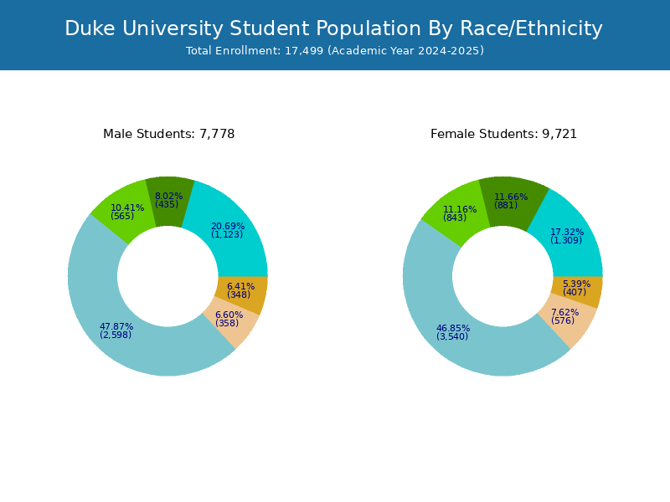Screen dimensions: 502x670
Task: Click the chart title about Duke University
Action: [x=333, y=29]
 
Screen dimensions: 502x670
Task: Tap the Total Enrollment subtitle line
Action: [x=335, y=51]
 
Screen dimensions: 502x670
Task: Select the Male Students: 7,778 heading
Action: [x=168, y=134]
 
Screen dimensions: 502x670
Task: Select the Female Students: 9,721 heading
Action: [x=503, y=134]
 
